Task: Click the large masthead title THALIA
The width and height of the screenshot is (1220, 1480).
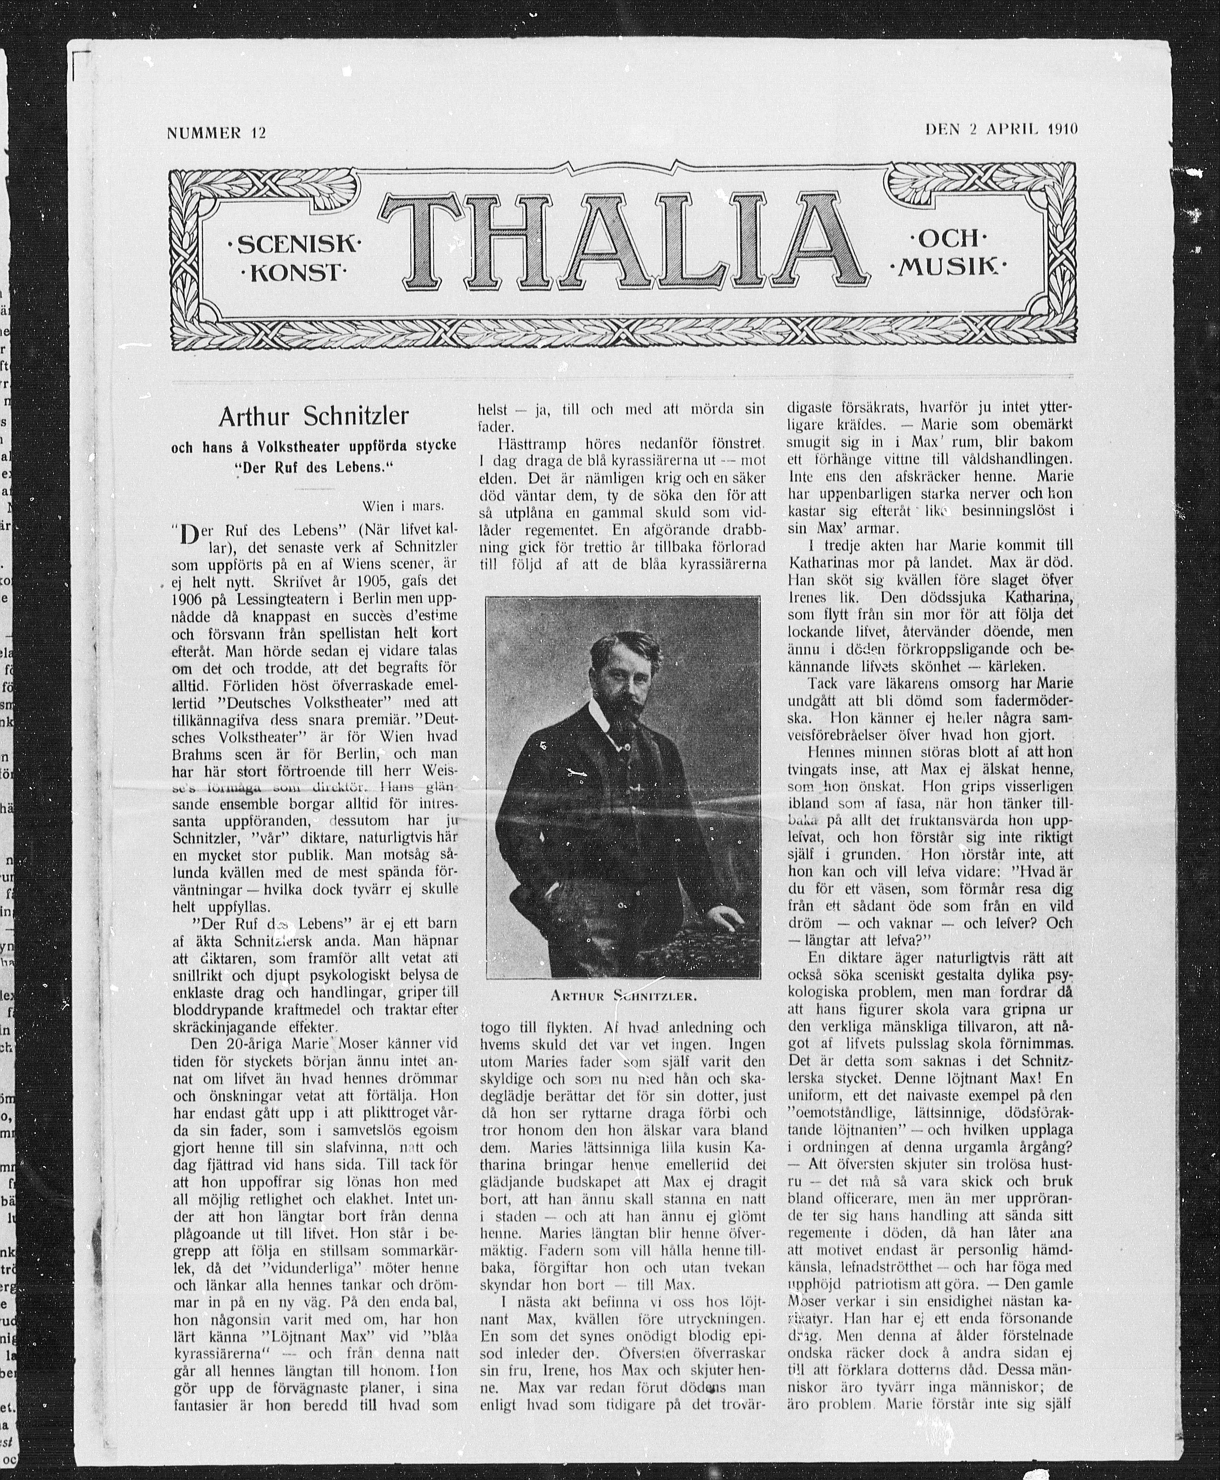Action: [622, 242]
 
